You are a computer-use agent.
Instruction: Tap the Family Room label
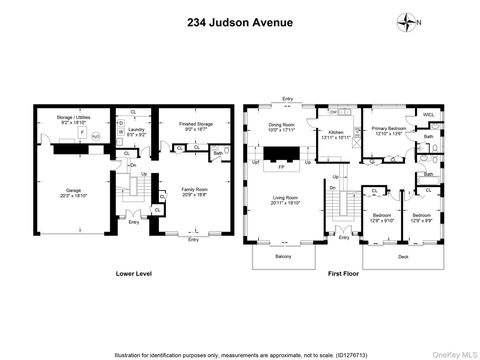click(x=193, y=189)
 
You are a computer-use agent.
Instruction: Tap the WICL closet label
click(x=428, y=115)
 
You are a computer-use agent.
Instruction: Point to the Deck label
click(x=402, y=256)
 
